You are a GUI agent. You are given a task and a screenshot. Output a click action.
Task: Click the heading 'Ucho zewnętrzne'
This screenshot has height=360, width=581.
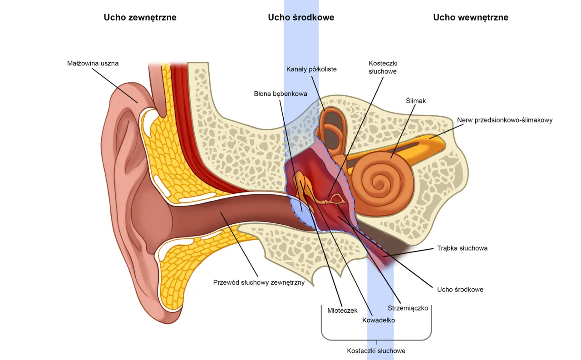click(140, 18)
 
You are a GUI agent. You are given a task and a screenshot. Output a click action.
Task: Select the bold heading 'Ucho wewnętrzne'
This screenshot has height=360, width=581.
click(470, 18)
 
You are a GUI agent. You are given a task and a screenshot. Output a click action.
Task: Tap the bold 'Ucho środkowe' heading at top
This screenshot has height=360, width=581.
click(301, 18)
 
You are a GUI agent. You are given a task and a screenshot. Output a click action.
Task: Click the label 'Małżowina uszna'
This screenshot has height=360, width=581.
click(93, 64)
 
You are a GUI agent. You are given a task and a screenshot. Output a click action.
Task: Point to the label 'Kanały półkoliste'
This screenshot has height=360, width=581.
click(311, 69)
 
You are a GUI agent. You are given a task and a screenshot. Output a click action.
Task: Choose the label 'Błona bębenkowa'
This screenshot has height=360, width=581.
click(281, 94)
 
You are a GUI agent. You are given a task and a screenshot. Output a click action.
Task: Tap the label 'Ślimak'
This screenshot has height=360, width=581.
click(416, 101)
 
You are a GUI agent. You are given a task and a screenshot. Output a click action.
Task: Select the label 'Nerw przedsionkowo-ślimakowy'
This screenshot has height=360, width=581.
click(504, 120)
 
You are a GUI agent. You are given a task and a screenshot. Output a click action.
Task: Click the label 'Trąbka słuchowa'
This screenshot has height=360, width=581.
click(462, 248)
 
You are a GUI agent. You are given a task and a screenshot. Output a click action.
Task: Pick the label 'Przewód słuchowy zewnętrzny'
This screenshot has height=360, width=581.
click(259, 282)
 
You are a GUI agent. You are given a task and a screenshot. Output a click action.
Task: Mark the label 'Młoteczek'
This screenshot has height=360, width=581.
click(342, 311)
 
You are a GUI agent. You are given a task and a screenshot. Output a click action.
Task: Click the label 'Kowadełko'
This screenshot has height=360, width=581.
click(379, 320)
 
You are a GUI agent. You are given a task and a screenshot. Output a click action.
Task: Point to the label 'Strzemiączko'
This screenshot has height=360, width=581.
click(408, 308)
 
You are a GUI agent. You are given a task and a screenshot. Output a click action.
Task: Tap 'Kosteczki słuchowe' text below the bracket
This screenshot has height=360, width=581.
click(376, 351)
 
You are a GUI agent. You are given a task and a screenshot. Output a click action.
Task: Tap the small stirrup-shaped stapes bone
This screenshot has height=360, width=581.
click(337, 198)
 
